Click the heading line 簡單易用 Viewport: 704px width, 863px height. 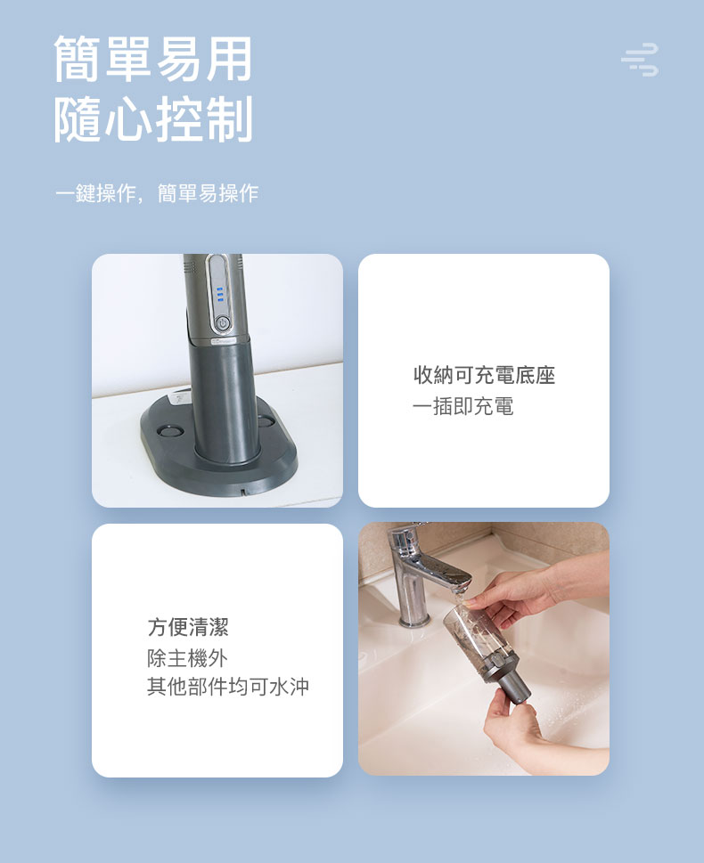point(153,59)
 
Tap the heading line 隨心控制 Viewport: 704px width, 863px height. point(153,118)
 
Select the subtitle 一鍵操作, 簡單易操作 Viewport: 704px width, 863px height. point(157,193)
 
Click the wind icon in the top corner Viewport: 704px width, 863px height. point(640,60)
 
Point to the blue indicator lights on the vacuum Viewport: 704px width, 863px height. point(219,295)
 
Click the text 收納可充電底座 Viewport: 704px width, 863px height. point(484,375)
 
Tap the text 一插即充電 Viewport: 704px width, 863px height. point(463,406)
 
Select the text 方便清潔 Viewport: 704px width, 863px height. point(188,627)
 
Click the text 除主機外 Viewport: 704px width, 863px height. point(187,657)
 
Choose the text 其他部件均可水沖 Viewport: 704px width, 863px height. point(228,687)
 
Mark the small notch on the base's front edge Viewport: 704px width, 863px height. point(241,488)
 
